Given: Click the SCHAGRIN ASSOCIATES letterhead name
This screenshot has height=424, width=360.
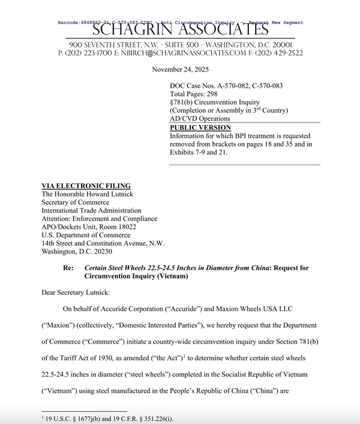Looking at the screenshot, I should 179,28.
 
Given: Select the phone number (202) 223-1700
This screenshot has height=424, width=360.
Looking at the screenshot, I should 84,53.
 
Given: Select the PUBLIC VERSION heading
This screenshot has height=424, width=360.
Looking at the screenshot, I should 200,128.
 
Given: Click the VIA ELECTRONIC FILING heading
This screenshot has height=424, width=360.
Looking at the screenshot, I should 86,186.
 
